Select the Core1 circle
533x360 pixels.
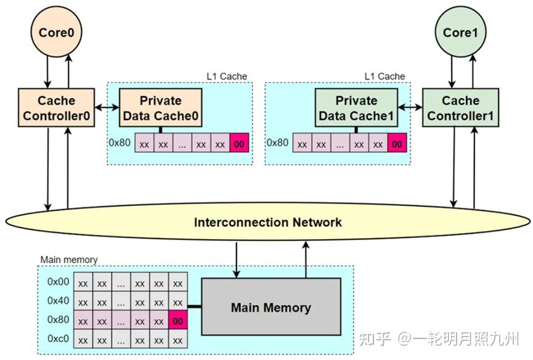coord(457,33)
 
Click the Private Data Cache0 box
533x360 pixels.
coord(160,108)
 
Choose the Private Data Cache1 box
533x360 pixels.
coord(356,108)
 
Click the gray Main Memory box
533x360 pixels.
coord(271,307)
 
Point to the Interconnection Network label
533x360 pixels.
coord(267,222)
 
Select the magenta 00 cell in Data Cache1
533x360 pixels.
coord(397,143)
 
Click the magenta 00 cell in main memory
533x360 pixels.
coord(178,321)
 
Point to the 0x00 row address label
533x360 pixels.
coord(59,282)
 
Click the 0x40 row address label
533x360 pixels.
coord(59,301)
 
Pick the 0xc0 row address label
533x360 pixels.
coord(59,339)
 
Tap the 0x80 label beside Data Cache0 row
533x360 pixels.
coord(121,142)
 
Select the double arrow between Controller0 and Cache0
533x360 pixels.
coord(107,108)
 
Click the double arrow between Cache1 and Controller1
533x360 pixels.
coord(409,108)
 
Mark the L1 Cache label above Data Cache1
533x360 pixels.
coord(384,76)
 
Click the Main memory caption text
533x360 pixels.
coord(68,260)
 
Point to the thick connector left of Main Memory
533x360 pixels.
coord(194,307)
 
